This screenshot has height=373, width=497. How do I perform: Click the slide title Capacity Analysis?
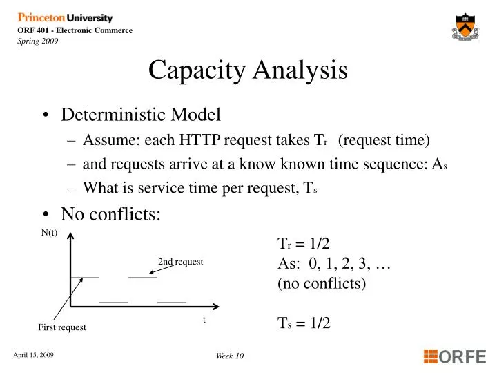248,70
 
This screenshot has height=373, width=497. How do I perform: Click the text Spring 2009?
38,41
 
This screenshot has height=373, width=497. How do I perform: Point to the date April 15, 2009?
34,355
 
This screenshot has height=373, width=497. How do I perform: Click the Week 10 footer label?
230,356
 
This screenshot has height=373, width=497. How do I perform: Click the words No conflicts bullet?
110,214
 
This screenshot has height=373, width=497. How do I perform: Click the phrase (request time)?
384,141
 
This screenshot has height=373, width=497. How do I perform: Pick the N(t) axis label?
49,233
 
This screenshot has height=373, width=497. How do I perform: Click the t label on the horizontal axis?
204,320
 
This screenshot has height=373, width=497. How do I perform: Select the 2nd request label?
181,262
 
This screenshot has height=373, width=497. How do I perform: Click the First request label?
62,327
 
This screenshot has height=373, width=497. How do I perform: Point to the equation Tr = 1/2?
304,244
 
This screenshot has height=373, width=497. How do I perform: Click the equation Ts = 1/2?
304,323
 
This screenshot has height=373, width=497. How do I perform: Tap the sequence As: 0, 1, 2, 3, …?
335,263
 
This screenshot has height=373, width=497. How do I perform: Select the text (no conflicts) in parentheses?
322,283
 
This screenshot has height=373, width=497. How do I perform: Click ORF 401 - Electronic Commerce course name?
75,30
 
